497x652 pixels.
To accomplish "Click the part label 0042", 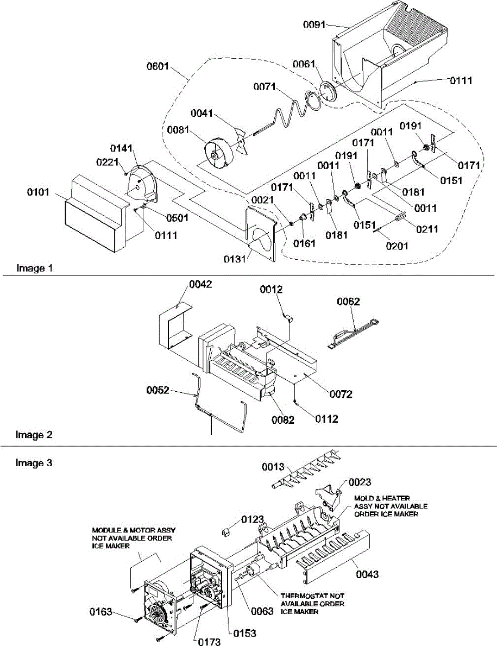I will click(200, 284).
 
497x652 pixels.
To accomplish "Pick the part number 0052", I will click(158, 390).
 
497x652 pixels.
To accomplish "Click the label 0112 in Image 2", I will click(326, 419).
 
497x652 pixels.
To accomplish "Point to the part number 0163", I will click(102, 612).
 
